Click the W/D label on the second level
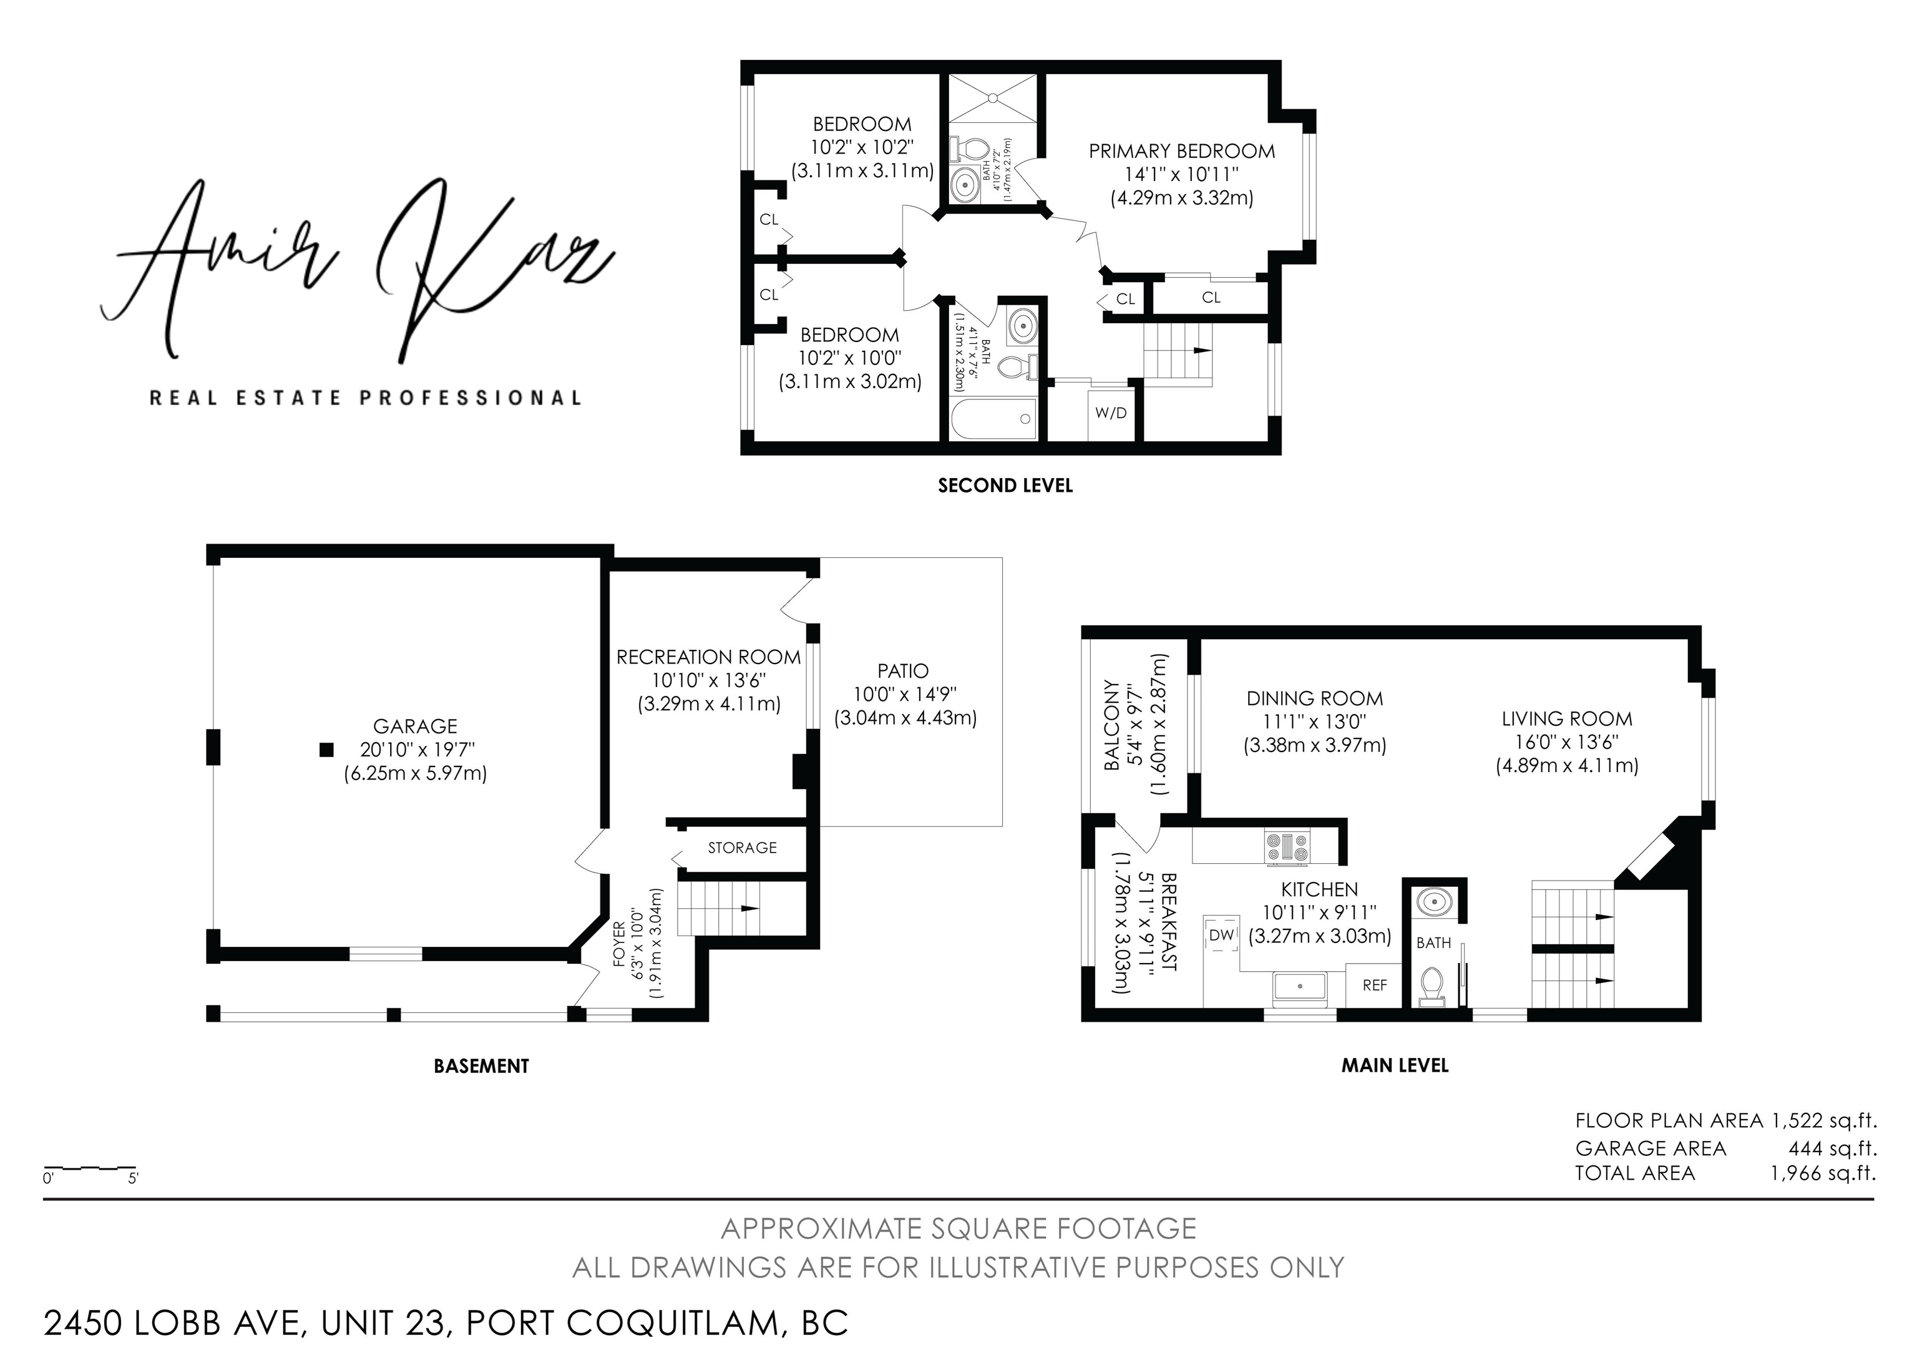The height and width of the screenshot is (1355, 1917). click(1111, 413)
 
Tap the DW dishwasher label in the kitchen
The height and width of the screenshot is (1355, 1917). click(1221, 935)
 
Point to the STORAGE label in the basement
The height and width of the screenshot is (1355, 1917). click(742, 848)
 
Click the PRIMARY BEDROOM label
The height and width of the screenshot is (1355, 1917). click(1181, 151)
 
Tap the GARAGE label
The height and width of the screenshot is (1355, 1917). click(415, 726)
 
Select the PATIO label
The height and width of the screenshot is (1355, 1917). click(902, 670)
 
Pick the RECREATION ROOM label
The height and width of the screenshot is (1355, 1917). click(709, 657)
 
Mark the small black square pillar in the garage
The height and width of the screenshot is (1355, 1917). click(326, 750)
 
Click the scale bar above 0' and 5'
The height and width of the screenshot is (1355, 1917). click(89, 1167)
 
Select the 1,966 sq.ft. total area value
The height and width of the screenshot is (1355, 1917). click(1823, 1173)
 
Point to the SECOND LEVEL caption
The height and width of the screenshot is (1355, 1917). click(1005, 485)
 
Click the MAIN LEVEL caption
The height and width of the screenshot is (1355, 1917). click(1395, 1065)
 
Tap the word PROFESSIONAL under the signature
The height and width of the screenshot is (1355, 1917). click(471, 398)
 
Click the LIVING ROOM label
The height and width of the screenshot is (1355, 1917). click(1566, 719)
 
